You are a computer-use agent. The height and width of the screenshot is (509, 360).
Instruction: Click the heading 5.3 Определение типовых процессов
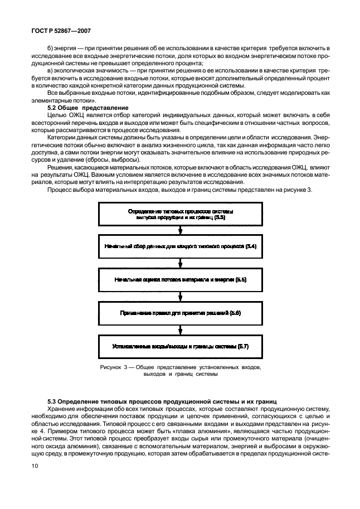coord(162,401)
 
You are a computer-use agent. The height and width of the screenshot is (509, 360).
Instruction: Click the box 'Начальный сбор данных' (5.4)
coord(180,246)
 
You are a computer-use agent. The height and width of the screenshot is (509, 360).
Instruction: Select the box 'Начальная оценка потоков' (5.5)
coord(180,279)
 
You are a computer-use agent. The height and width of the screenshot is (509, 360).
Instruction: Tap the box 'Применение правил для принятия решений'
coord(180,313)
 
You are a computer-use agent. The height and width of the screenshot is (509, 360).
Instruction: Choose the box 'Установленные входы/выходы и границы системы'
coord(180,346)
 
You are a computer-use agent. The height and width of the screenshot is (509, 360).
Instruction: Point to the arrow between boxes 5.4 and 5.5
coord(180,263)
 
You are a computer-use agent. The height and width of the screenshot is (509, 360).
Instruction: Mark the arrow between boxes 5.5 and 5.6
coord(180,296)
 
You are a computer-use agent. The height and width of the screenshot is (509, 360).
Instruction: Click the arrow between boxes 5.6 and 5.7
coord(180,329)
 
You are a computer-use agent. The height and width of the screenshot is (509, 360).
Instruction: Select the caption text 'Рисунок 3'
coord(114,368)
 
